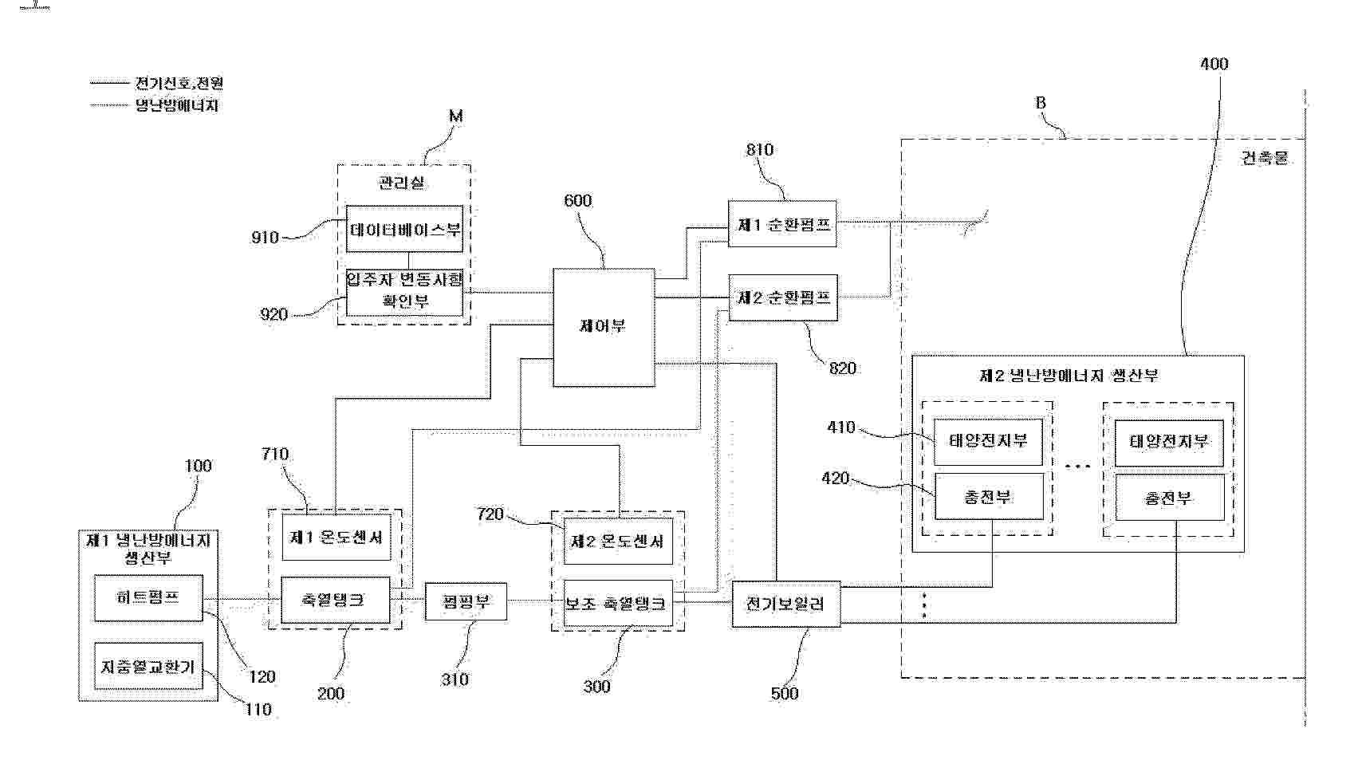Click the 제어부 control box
604,327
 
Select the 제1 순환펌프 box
782,224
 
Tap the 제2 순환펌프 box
783,297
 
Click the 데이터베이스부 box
404,229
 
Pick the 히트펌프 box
148,597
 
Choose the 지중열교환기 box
148,666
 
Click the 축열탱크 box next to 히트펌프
335,600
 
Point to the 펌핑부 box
466,602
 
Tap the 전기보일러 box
785,604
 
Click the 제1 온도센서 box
336,538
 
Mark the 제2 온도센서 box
617,542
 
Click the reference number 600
578,201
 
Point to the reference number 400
1214,64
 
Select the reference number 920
274,314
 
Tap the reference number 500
785,694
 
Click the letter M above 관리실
455,116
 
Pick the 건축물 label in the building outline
1265,158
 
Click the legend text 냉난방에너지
176,105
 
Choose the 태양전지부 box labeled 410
988,441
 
